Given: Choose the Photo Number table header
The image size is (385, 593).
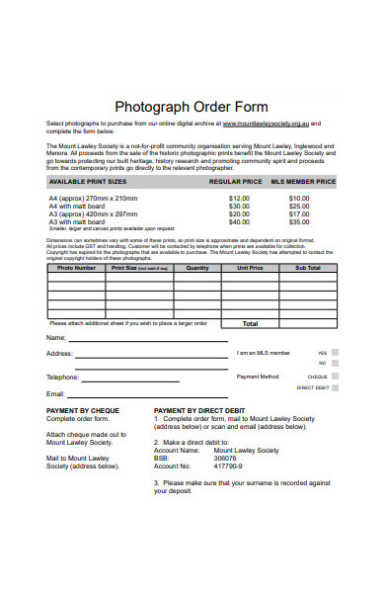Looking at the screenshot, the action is [x=76, y=268].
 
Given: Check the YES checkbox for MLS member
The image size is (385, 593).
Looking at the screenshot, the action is [x=335, y=352].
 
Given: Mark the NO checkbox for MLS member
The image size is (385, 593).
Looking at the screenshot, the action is [x=335, y=363].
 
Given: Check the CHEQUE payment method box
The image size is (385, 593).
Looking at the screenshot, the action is [x=335, y=377].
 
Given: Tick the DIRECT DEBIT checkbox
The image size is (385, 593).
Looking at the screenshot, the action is [x=335, y=388].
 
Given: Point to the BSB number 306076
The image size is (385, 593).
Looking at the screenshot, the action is [x=225, y=459].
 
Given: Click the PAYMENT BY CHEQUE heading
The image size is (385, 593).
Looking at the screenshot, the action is [x=83, y=409].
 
